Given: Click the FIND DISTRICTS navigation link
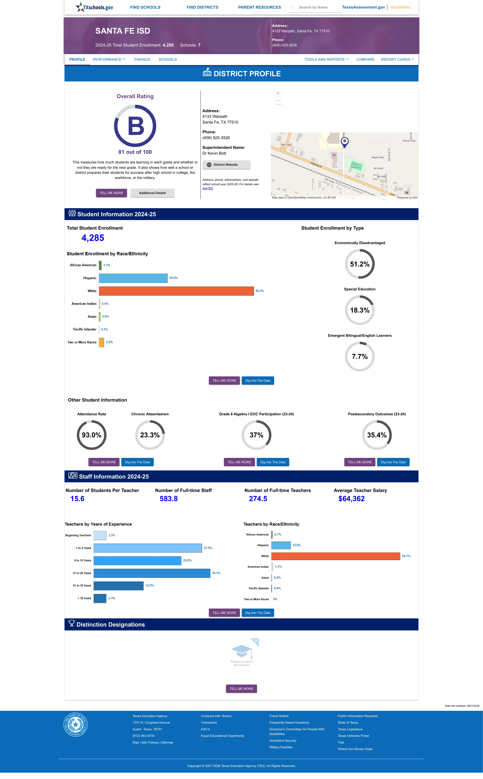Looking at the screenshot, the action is coord(202,7).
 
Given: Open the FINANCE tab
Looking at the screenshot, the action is coord(142,60).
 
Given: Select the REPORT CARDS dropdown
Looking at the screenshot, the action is coord(397,60).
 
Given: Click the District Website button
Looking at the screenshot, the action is coord(226,165).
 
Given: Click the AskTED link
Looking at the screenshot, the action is coord(208,188).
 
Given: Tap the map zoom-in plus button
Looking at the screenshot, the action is coord(278,93).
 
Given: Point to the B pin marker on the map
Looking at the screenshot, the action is coord(344,142).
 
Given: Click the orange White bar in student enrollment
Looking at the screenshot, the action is coord(176,291).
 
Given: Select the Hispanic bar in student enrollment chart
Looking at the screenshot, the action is coord(133,278).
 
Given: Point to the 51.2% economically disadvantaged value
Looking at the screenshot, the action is coord(360,264).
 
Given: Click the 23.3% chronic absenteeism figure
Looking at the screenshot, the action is coord(150,435).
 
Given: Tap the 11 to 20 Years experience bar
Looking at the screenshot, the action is coord(152,573).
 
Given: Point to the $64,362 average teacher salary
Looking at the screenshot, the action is coord(351,499).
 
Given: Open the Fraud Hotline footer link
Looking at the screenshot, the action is coord(279,716).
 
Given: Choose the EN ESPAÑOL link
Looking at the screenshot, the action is coord(401,7).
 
